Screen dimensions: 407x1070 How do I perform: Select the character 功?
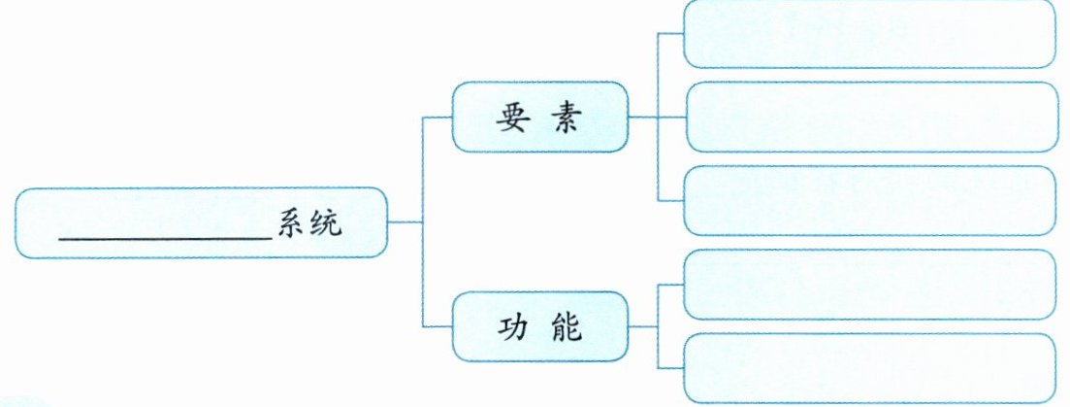coord(511,326)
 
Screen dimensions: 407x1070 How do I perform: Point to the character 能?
coord(569,326)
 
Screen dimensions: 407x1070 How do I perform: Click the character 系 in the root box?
coord(292,223)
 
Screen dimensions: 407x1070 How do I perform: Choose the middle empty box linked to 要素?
coord(869,117)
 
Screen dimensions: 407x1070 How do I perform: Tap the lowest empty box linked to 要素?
coord(869,200)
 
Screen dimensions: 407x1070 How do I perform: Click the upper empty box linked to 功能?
coord(869,284)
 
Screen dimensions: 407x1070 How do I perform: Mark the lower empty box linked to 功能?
coord(869,367)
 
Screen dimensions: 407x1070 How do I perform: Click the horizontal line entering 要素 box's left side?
coord(438,117)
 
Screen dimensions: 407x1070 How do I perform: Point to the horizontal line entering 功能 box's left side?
coord(438,326)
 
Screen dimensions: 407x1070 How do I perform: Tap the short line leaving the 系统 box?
coord(405,222)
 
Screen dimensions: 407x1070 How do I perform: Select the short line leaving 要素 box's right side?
coord(643,117)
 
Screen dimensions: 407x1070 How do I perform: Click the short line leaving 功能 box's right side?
coord(643,326)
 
